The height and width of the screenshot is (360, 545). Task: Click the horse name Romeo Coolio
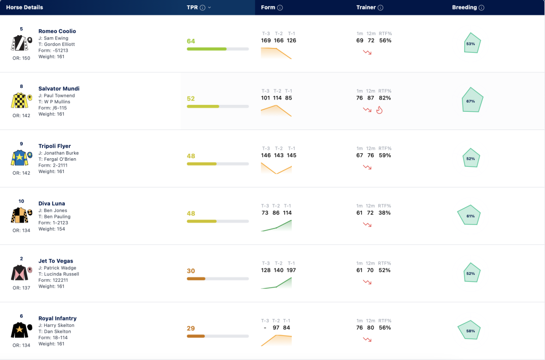[57, 31]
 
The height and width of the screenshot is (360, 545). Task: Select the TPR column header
[192, 7]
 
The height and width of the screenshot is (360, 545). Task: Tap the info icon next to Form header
[280, 7]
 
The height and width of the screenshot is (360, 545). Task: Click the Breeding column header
[464, 7]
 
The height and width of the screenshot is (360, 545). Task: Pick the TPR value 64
[191, 41]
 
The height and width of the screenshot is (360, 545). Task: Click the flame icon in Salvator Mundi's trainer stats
[379, 110]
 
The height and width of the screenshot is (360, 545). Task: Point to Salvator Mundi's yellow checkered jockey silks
[20, 101]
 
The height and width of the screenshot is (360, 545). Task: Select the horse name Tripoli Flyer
[55, 146]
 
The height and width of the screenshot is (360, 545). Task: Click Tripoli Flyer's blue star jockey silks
[20, 158]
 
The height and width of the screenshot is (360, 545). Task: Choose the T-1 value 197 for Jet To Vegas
[291, 270]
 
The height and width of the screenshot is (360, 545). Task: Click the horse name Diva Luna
[52, 203]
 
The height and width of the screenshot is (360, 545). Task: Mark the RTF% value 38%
[384, 213]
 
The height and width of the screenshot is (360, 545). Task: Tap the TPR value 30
[191, 271]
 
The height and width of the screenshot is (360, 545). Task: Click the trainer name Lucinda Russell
[62, 274]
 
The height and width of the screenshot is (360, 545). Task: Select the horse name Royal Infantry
[57, 318]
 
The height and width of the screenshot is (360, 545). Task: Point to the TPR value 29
[191, 329]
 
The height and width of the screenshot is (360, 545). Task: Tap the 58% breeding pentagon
[469, 330]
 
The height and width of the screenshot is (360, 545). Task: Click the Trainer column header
[366, 7]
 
